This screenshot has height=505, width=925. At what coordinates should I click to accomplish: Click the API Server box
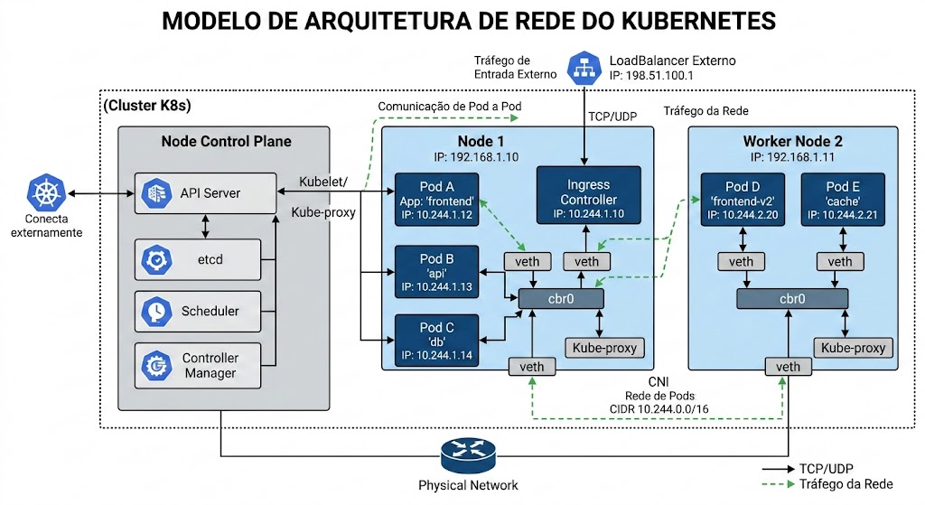point(205,193)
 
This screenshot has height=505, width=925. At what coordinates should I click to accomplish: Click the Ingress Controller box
point(588,195)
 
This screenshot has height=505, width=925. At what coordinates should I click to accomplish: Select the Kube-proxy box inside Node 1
point(604,348)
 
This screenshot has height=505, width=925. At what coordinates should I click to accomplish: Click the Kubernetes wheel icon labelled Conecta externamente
point(45,193)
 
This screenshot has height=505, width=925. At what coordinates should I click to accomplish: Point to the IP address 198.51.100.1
point(651,76)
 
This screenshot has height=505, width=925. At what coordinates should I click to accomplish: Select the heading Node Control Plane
point(226,141)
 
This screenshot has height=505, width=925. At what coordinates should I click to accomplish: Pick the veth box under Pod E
point(839,262)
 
